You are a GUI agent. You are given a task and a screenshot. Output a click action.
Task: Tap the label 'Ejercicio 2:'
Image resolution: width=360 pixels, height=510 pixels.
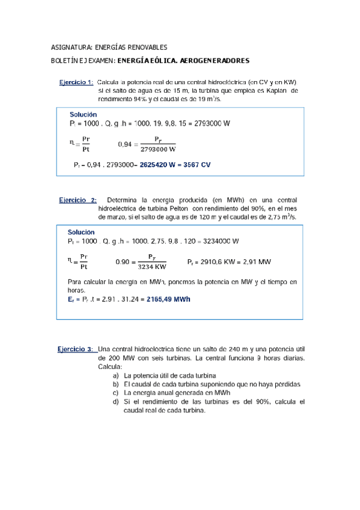[x=78, y=200]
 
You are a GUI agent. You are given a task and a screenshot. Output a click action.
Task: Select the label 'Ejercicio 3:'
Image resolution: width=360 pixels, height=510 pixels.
[x=76, y=349]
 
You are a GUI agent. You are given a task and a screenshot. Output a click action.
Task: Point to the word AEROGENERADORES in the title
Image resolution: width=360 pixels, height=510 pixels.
[x=215, y=61]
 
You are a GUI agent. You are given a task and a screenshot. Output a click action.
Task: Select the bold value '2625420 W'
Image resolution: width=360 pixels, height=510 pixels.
[x=161, y=164]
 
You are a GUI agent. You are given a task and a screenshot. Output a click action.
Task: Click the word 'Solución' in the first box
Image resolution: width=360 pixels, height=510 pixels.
[x=84, y=114]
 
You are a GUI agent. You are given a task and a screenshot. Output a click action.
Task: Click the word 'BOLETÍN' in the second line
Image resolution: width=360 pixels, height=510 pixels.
[x=67, y=61]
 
